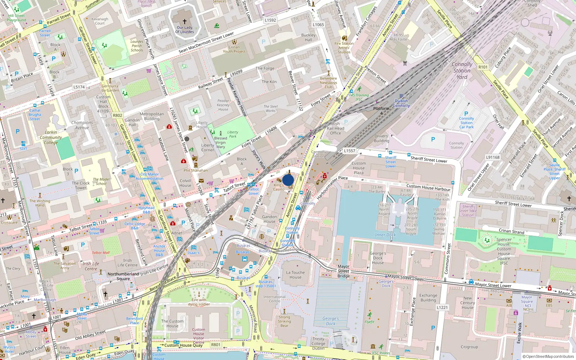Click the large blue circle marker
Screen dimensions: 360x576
click(288, 180)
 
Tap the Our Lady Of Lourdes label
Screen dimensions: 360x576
click(184, 30)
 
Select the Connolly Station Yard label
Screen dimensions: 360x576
click(462, 71)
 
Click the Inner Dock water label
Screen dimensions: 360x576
click(385, 235)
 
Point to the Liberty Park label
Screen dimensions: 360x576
click(233, 134)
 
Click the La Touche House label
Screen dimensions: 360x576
click(295, 275)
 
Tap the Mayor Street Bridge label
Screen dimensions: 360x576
click(343, 271)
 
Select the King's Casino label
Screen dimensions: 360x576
click(278, 187)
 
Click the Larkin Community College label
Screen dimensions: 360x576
click(51, 137)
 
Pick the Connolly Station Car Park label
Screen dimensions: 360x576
click(466, 123)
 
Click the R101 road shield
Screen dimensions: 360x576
click(483, 67)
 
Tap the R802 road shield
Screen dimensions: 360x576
click(117, 116)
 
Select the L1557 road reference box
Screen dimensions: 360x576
click(349, 151)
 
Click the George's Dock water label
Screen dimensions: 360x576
click(330, 321)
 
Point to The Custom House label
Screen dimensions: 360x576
click(172, 323)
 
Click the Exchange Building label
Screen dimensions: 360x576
click(428, 298)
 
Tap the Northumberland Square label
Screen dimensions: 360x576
click(123, 276)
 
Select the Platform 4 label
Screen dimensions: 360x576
click(381, 111)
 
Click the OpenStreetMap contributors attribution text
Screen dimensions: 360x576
click(548, 356)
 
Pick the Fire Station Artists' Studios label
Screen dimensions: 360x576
click(344, 48)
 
